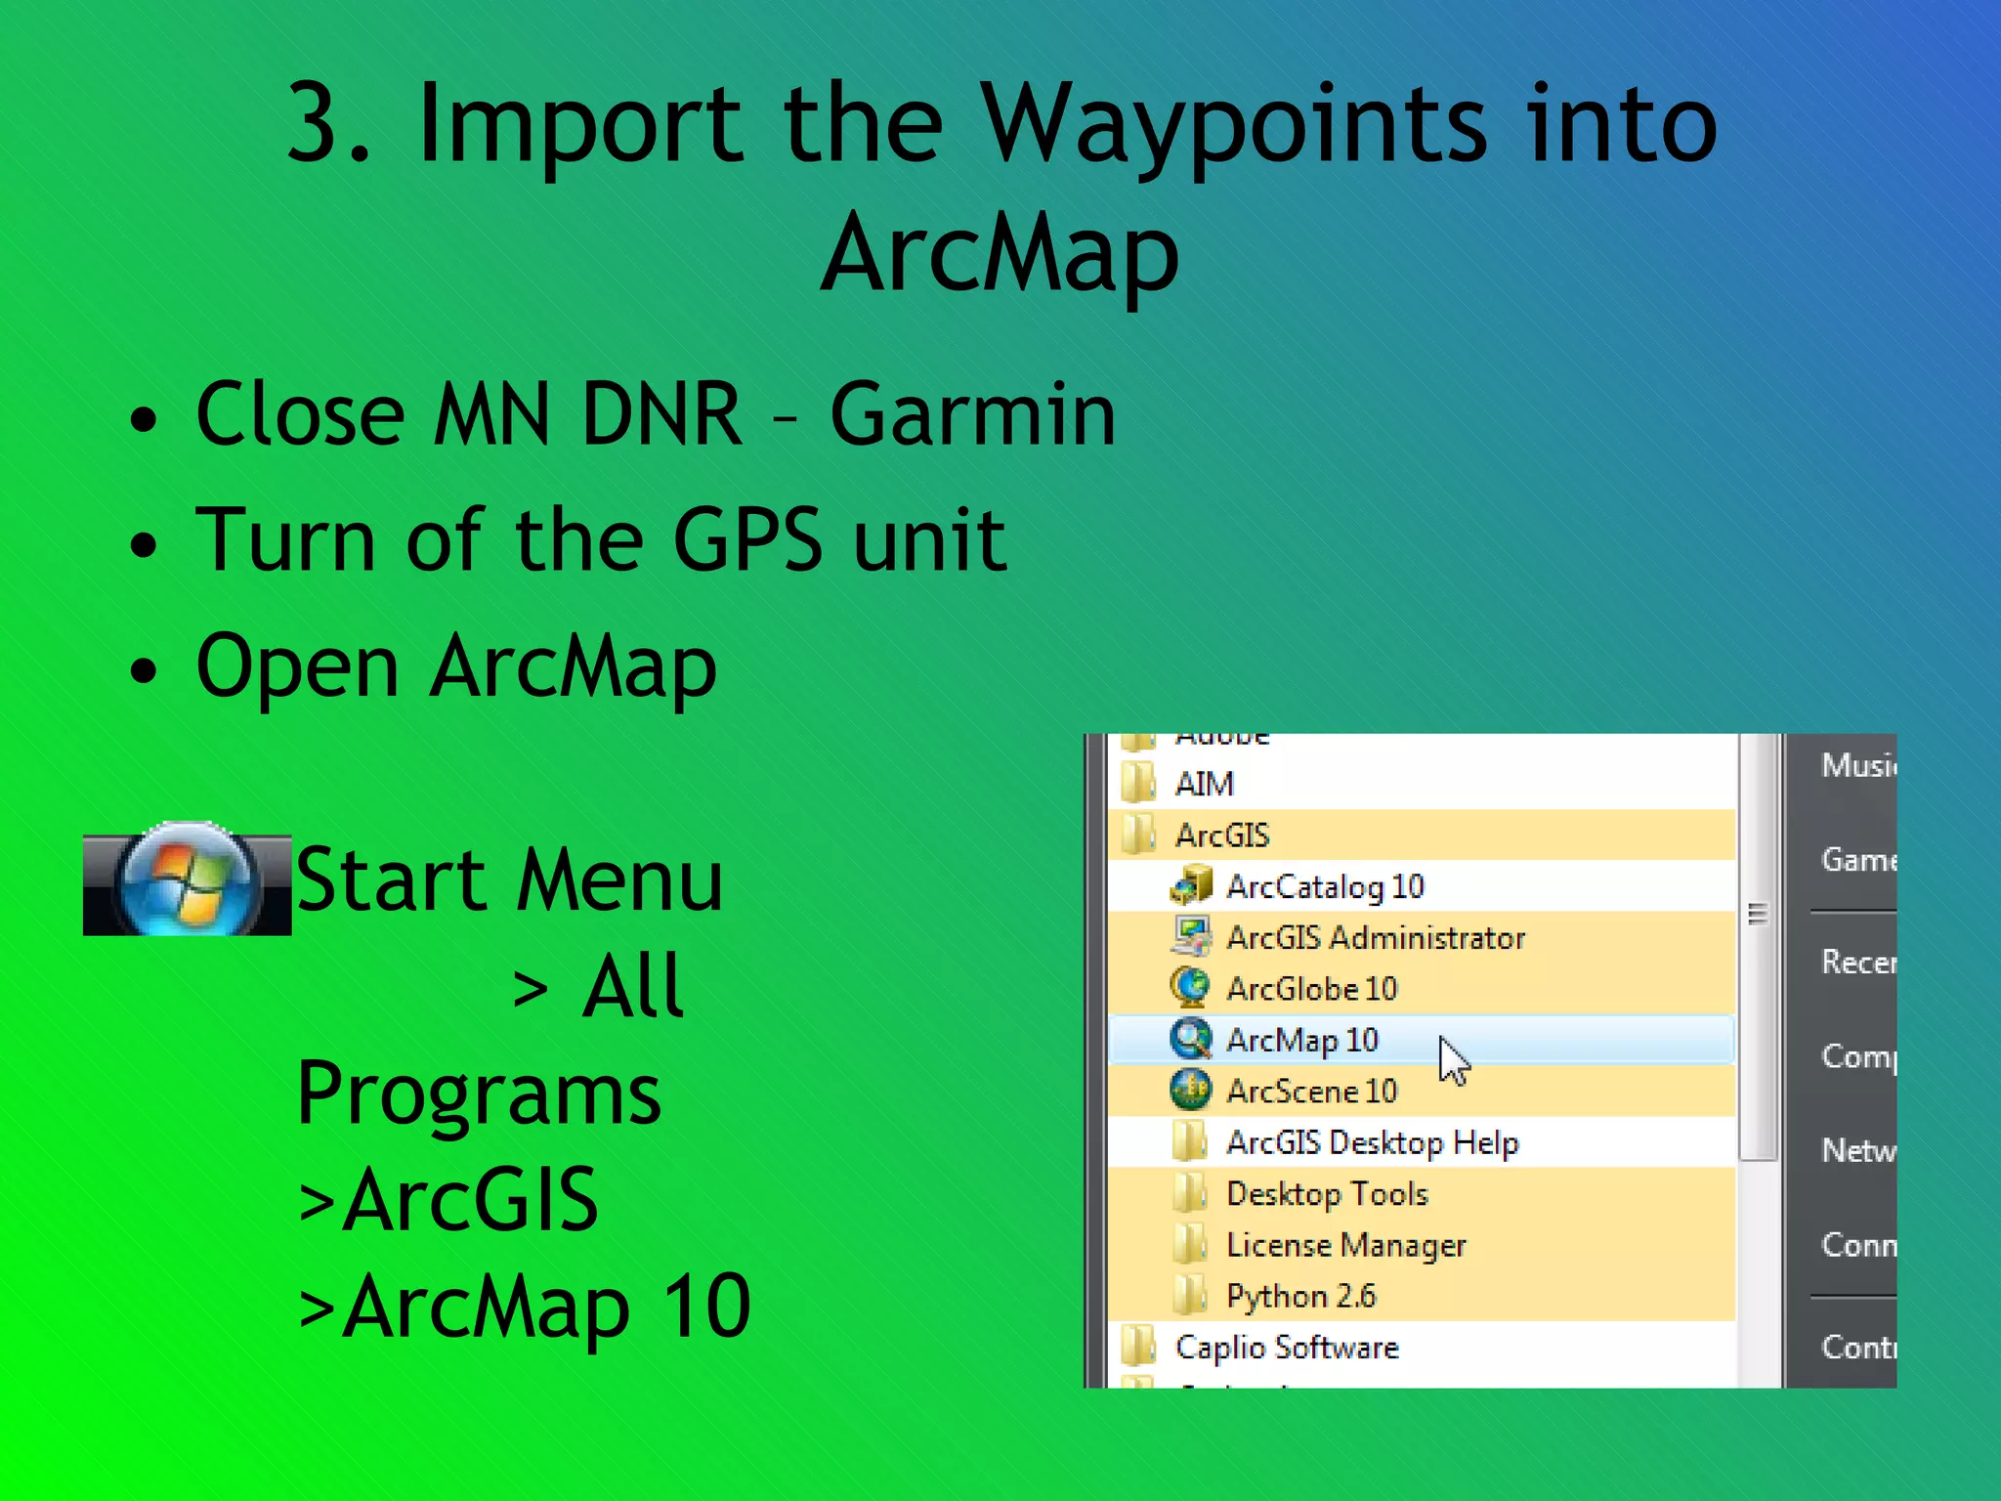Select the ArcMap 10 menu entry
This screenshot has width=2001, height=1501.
point(1301,1040)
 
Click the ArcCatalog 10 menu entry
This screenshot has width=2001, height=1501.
point(1325,886)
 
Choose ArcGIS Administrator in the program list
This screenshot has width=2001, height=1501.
point(1375,938)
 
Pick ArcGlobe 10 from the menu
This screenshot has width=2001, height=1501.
point(1311,989)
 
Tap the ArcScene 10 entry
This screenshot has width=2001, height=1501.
point(1311,1091)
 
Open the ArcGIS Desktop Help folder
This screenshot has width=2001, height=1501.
point(1372,1142)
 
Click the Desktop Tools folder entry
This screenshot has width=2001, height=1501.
point(1327,1194)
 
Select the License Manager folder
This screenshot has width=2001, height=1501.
point(1345,1245)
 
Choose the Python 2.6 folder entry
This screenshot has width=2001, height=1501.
point(1300,1296)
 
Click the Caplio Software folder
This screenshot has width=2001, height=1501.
point(1287,1348)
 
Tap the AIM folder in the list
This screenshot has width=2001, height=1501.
point(1204,784)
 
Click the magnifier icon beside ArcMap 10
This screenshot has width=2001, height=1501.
point(1190,1039)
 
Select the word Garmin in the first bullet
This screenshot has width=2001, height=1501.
point(972,414)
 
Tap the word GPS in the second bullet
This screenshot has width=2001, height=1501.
point(747,539)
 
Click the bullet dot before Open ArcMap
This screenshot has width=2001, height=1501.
point(143,671)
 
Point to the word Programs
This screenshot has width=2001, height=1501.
point(479,1094)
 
